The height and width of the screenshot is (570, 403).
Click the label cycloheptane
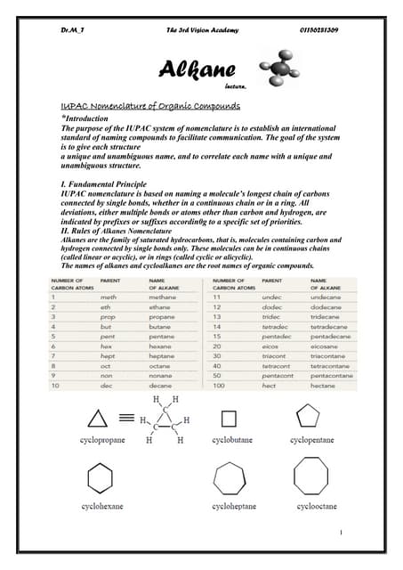233,506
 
